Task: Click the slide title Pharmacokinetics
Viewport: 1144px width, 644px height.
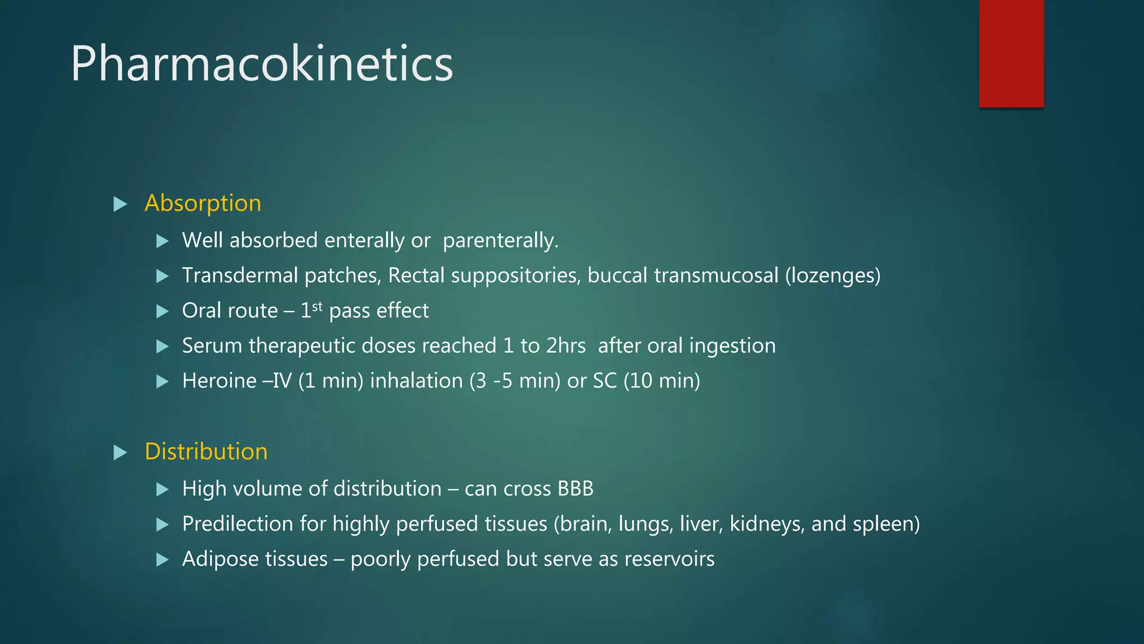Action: [x=261, y=64]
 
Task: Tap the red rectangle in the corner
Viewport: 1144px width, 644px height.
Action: [x=1011, y=53]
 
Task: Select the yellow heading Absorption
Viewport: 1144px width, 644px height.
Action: [x=203, y=203]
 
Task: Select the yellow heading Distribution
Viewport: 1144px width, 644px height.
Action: [x=206, y=452]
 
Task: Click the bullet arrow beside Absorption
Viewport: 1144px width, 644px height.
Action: [x=120, y=204]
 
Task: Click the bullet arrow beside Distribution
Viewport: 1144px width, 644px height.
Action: [x=120, y=452]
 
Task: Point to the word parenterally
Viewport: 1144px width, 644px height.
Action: [x=500, y=241]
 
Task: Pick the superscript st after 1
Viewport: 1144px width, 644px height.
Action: [x=317, y=306]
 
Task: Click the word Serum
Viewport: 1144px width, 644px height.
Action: [x=212, y=346]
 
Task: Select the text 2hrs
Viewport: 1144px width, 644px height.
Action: [x=565, y=346]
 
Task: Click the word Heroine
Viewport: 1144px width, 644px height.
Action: [x=219, y=381]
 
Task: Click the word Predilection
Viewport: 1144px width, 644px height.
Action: [x=237, y=524]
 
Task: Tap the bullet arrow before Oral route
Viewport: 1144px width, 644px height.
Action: [x=163, y=311]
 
